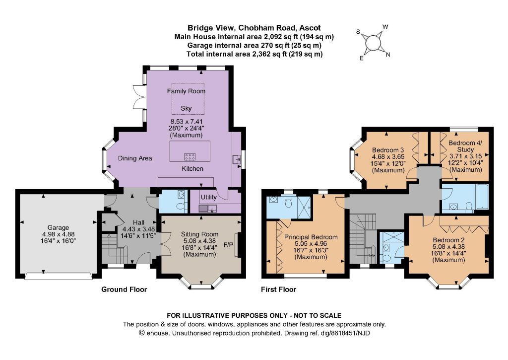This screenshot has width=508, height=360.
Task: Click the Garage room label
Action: pyautogui.click(x=59, y=228)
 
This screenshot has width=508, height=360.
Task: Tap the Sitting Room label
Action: pyautogui.click(x=199, y=234)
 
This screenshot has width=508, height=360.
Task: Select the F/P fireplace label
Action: pyautogui.click(x=228, y=244)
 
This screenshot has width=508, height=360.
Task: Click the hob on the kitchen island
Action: pyautogui.click(x=190, y=157)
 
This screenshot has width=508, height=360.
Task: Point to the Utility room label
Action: pyautogui.click(x=209, y=197)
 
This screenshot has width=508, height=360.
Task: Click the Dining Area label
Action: pyautogui.click(x=135, y=158)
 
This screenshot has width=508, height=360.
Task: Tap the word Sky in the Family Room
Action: pyautogui.click(x=186, y=108)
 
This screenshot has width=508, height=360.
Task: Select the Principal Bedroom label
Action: pyautogui.click(x=311, y=237)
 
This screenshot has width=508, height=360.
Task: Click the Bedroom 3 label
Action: pyautogui.click(x=388, y=150)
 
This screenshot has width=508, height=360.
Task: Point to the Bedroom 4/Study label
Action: pyautogui.click(x=465, y=146)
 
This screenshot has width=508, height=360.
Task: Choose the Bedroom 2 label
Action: pyautogui.click(x=449, y=240)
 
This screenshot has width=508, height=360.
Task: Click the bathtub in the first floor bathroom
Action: pyautogui.click(x=482, y=197)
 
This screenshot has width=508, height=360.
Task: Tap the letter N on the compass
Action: pyautogui.click(x=388, y=55)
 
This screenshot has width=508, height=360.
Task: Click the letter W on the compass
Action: pyautogui.click(x=385, y=27)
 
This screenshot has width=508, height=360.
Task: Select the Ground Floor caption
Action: pyautogui.click(x=124, y=289)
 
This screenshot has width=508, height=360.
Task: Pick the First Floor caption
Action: pyautogui.click(x=279, y=289)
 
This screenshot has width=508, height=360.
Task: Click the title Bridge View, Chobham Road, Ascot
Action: pyautogui.click(x=254, y=28)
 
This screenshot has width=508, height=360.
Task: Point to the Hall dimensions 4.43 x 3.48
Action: pyautogui.click(x=139, y=229)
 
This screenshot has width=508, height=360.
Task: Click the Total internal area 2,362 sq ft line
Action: pyautogui.click(x=254, y=54)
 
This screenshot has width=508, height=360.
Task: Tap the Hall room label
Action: pyautogui.click(x=139, y=222)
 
